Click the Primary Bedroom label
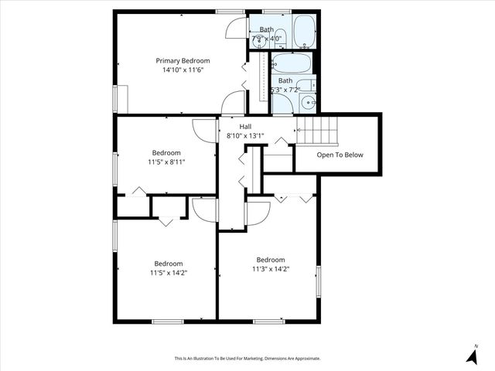coord(183,60)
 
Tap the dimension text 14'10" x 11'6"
coord(183,70)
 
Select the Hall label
coord(245,126)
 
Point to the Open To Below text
coord(340,155)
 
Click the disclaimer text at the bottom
coord(247,358)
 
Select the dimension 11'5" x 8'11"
coord(166,162)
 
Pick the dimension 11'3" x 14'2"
coord(271,269)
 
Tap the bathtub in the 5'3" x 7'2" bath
coord(293,63)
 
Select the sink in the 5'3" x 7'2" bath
coord(308,102)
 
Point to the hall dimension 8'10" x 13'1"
coord(245,135)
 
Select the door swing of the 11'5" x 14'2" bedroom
coord(205,209)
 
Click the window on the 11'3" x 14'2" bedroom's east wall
coord(317,279)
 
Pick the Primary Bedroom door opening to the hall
coord(233,103)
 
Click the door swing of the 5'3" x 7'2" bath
coord(282,104)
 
